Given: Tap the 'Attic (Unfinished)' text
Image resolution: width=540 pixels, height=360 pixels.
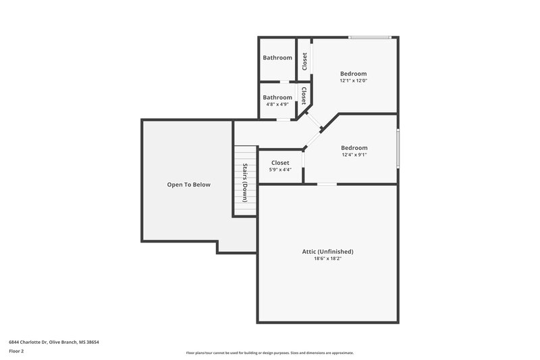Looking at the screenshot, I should click(x=327, y=251).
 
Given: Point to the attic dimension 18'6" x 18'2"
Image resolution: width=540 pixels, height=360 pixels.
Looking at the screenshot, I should click(x=327, y=259).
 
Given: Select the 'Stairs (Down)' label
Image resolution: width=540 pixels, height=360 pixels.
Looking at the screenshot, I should click(x=245, y=183).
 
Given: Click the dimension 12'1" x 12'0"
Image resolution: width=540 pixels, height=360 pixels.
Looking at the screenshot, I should click(x=353, y=81).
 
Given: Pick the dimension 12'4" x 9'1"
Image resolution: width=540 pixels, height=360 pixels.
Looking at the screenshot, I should click(x=354, y=155).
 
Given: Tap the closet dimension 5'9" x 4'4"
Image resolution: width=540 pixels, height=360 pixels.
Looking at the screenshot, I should click(x=280, y=170).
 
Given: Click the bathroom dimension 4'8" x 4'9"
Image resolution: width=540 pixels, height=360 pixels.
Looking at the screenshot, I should click(x=277, y=105).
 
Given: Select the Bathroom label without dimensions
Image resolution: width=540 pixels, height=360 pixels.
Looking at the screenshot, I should click(x=277, y=58).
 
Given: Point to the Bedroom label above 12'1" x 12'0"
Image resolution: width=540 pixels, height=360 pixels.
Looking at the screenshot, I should click(x=353, y=74).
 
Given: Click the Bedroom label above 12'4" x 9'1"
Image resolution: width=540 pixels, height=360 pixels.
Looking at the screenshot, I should click(x=354, y=148).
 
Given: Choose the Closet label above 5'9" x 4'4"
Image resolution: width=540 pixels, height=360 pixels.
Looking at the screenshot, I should click(x=280, y=163).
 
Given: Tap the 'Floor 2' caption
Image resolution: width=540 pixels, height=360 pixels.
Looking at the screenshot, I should click(x=16, y=351).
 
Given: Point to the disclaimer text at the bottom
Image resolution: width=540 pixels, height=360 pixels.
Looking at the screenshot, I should click(x=269, y=353).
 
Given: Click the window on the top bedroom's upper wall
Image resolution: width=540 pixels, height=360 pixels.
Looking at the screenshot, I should click(x=369, y=37).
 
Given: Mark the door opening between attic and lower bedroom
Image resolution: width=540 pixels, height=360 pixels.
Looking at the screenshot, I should click(x=327, y=184).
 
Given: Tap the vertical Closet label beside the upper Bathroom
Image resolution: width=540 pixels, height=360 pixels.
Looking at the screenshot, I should click(x=304, y=61).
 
